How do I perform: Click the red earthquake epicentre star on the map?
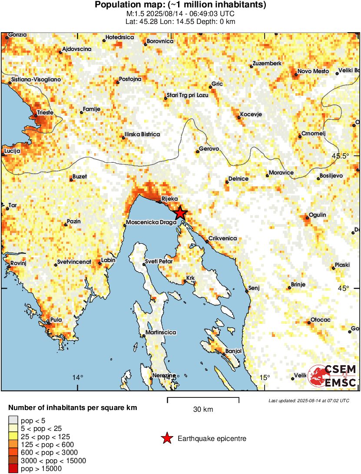pos(180,213)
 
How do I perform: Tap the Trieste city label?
pos(45,113)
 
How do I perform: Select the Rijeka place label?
pos(170,199)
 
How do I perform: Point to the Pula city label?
pos(56,320)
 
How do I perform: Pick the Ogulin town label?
pos(318,215)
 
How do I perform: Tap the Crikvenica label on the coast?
pos(222,239)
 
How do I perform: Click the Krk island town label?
pos(191,278)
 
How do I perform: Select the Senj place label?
pos(253,288)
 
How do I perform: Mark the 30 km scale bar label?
pos(203,410)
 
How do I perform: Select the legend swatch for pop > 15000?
pos(13,468)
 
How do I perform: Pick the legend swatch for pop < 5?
pos(13,420)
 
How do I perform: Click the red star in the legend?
pos(167,439)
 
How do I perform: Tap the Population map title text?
pos(180,5)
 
